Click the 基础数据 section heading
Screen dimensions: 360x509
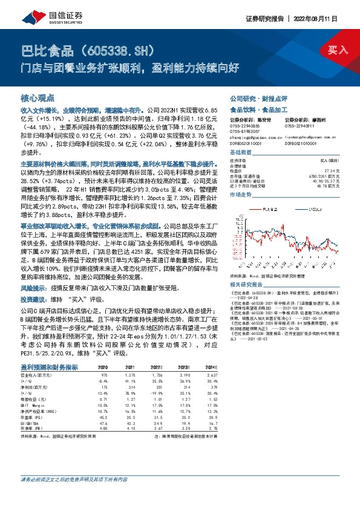click(x=240, y=153)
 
